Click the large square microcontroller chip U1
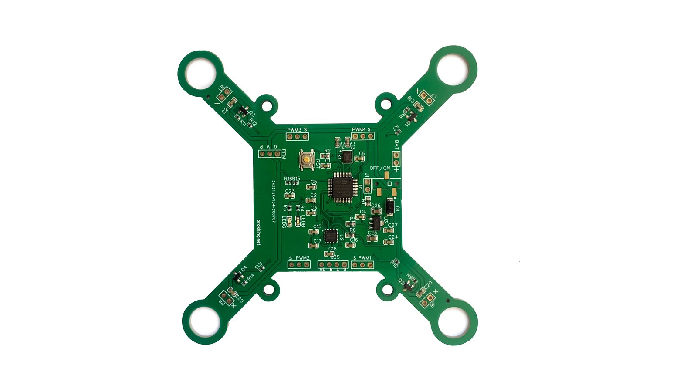pos(342,187)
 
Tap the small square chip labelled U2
pos(332,236)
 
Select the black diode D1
pos(390,207)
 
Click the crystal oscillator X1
pos(346,157)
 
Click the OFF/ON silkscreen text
pos(380,168)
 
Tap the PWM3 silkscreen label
pos(294,130)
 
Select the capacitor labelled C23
pos(290,196)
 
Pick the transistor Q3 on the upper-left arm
pos(243,111)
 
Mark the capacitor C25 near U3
pos(372,238)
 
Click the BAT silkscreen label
pos(396,144)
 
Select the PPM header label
pos(284,154)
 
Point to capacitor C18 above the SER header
pos(329,253)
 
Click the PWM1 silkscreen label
pos(365,258)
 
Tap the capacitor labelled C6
pos(360,159)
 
